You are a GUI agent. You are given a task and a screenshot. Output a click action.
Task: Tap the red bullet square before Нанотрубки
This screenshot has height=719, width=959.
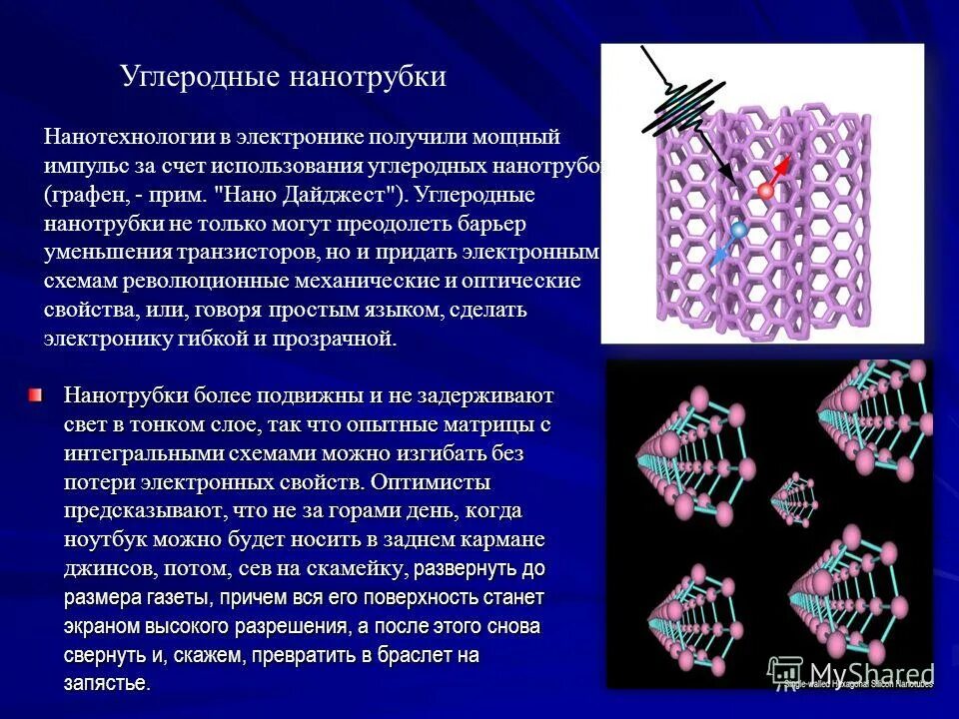click(36, 396)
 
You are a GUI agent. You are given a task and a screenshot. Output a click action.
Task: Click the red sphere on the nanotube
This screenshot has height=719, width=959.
click(766, 190)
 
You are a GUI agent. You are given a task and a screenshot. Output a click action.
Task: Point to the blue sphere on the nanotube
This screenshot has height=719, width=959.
click(738, 231)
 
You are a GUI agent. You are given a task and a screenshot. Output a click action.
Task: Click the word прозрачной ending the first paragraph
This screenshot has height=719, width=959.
click(339, 339)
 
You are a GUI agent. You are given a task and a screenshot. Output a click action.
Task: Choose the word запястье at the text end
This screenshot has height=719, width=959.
click(106, 684)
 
